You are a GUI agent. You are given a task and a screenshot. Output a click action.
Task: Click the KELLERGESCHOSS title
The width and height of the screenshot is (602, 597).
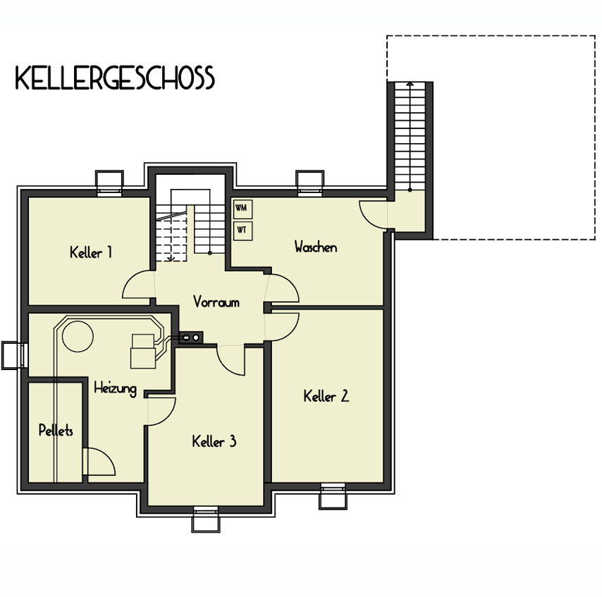(x=115, y=78)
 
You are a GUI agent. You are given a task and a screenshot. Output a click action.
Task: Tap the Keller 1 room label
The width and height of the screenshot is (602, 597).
(x=91, y=252)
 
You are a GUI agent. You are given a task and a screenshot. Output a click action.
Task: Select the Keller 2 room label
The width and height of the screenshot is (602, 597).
(x=326, y=396)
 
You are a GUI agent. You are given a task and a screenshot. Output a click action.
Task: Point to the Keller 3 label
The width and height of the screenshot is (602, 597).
(x=214, y=441)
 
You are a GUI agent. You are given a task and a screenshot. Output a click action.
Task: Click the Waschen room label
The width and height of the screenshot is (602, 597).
(x=316, y=247)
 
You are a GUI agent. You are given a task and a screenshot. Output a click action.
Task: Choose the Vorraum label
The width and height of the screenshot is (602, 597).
(x=216, y=302)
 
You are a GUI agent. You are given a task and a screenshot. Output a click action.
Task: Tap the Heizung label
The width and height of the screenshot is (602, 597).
(x=115, y=388)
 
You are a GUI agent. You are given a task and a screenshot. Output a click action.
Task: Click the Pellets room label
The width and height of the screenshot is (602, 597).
(x=56, y=431)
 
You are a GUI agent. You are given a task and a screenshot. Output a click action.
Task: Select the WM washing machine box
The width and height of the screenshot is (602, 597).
(x=242, y=209)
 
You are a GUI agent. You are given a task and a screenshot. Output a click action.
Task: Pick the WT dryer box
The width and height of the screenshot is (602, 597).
(x=242, y=230)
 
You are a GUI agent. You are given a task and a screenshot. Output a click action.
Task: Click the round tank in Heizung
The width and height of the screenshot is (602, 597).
(x=78, y=336)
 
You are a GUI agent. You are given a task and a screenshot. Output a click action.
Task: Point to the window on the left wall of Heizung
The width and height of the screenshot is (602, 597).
(x=15, y=355)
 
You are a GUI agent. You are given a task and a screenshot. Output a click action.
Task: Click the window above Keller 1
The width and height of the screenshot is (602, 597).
(x=109, y=183)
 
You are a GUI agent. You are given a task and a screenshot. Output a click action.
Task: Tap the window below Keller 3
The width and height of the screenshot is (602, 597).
(x=206, y=519)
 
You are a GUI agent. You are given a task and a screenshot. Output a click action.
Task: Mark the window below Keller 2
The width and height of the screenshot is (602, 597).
(x=333, y=496)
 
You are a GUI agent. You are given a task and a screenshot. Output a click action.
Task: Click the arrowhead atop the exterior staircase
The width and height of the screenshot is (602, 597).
(x=410, y=83)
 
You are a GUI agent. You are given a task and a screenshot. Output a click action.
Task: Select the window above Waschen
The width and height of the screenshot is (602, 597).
(x=310, y=183)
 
